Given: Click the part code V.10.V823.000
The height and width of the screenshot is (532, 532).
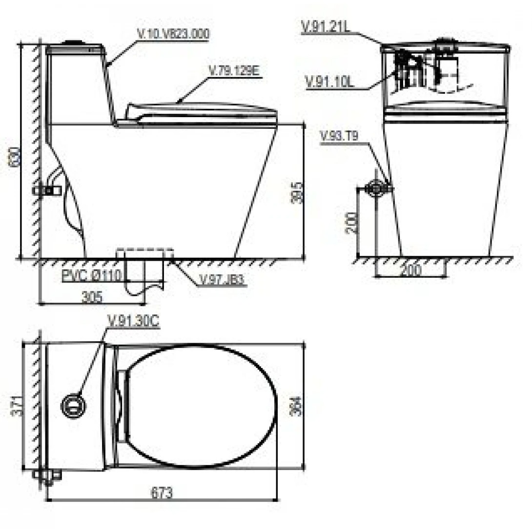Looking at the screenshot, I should click(173, 34).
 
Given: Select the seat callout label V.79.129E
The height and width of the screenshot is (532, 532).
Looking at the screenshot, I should click(235, 71).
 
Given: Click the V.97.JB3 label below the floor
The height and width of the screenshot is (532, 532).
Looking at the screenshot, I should click(222, 281).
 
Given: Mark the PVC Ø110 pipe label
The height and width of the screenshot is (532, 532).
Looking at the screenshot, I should click(91, 276).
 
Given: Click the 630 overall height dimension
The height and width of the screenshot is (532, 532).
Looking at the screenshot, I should click(16, 156).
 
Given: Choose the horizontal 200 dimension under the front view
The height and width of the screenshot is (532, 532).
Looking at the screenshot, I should click(410, 270).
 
